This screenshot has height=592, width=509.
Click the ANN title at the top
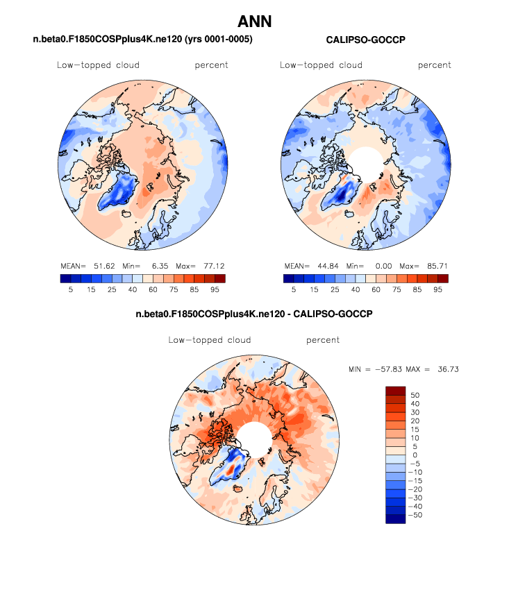[254, 22]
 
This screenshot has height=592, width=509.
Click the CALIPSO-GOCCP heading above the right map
[365, 40]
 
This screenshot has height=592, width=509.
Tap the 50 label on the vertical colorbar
[415, 394]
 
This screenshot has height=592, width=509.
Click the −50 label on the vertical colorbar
[417, 516]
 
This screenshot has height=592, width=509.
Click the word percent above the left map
[212, 65]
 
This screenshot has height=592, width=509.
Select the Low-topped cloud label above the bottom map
[209, 340]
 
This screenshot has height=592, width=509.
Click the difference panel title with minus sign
[254, 314]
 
